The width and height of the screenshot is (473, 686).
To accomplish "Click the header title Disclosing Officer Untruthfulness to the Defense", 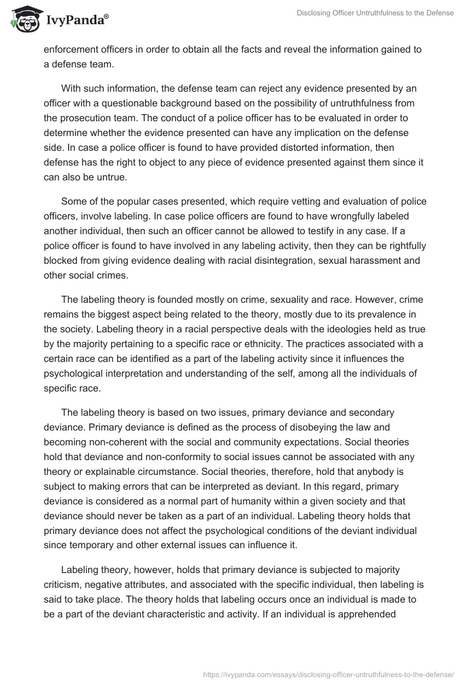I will tap(367, 13).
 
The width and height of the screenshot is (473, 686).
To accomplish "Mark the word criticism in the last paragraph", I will tap(64, 585).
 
